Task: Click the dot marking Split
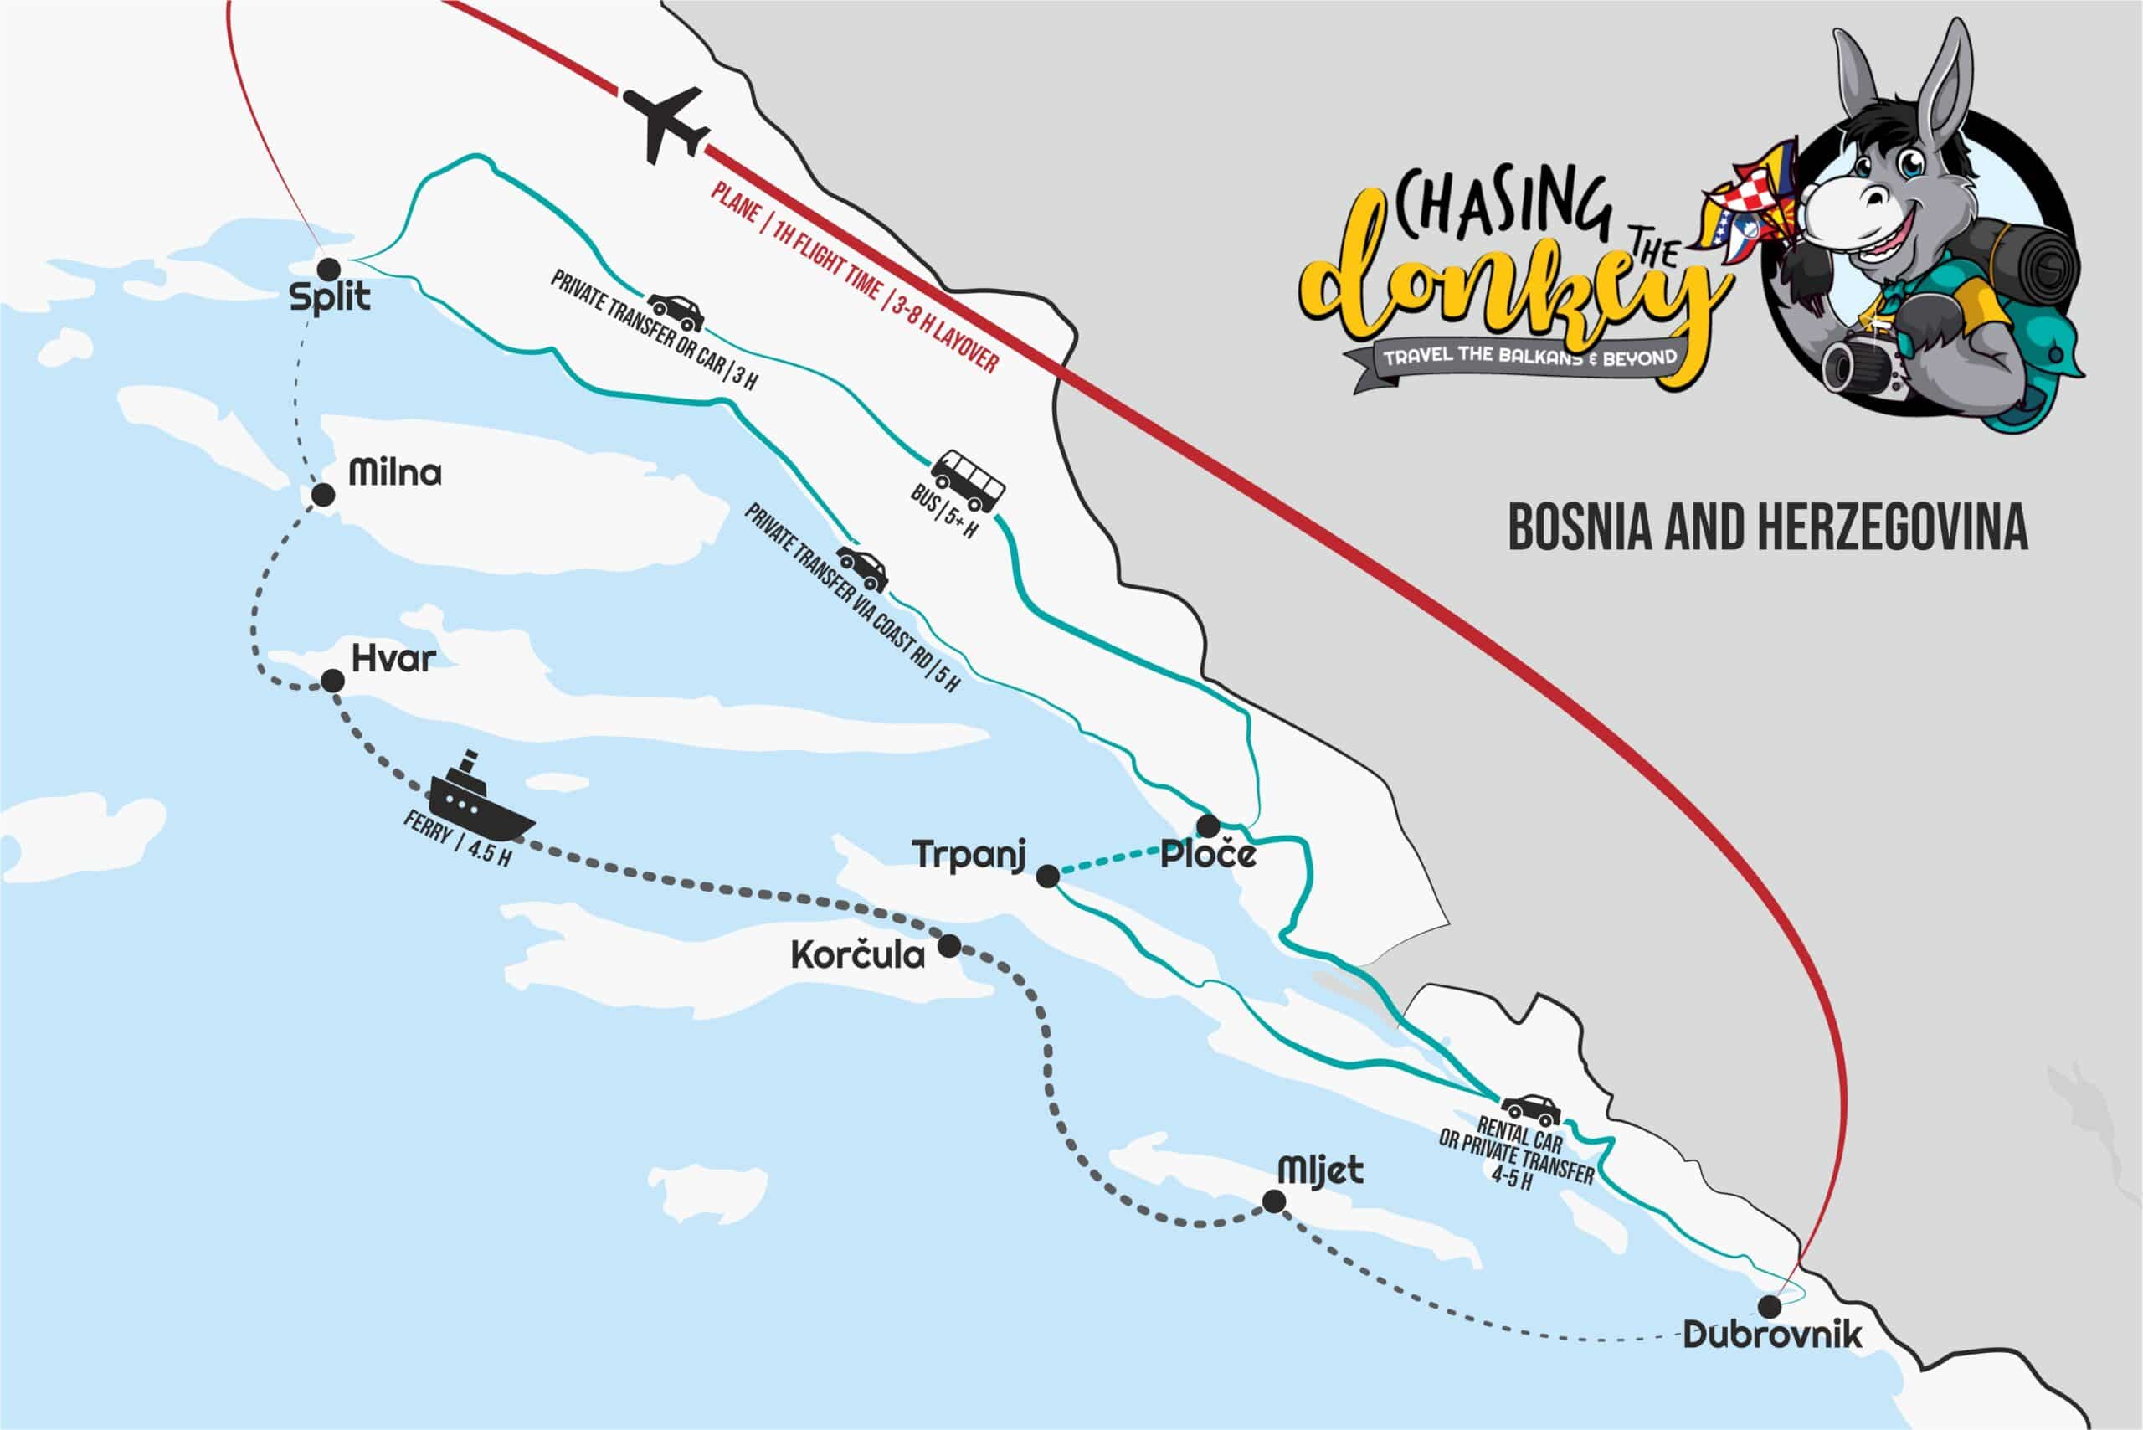click(x=328, y=268)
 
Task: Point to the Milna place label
click(x=395, y=472)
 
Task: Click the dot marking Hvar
click(x=333, y=681)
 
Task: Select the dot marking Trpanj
click(x=1049, y=877)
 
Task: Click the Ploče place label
click(x=1207, y=856)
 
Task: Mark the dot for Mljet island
click(x=1274, y=1203)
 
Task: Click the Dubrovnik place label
click(x=1771, y=1335)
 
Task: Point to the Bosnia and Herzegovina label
click(x=1767, y=527)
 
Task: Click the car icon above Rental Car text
click(x=1531, y=1110)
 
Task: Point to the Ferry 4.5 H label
click(x=456, y=840)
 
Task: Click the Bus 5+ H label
click(x=943, y=512)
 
